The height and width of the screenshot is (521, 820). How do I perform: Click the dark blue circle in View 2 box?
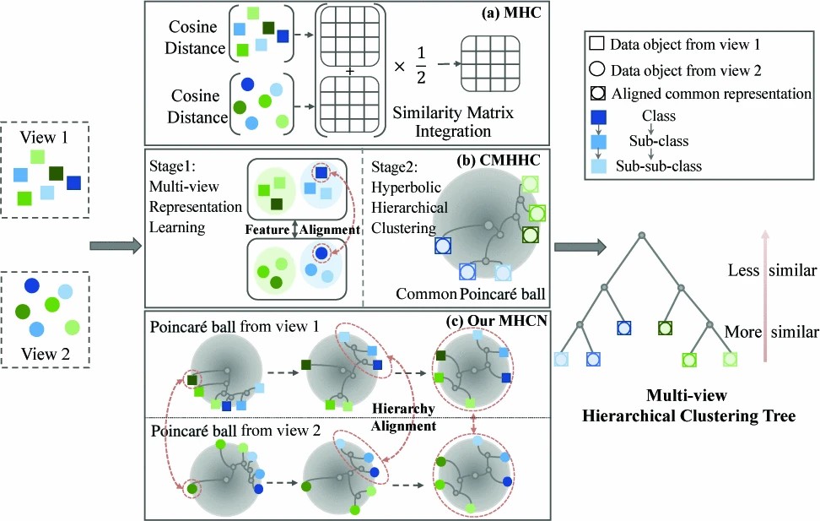pyautogui.click(x=32, y=286)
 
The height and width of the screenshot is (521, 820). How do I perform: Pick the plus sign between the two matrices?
pyautogui.click(x=348, y=71)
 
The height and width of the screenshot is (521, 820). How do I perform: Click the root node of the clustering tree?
pyautogui.click(x=641, y=233)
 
